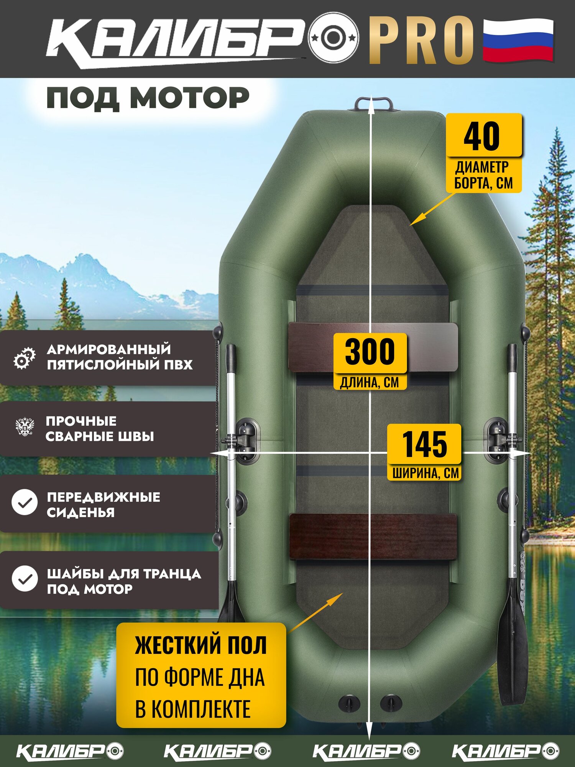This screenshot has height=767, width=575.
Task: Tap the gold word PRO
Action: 421,40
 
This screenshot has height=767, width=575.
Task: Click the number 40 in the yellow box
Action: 482,136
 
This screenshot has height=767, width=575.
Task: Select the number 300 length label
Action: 370,352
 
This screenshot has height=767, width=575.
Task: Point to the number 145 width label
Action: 424,444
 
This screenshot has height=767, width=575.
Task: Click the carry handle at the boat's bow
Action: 373,104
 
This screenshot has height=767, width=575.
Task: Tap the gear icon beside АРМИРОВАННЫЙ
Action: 25,358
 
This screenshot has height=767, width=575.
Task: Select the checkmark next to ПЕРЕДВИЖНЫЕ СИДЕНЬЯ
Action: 25,502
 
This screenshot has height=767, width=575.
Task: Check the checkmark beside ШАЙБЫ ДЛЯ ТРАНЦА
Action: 25,578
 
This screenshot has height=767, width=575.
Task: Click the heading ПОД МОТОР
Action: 148,98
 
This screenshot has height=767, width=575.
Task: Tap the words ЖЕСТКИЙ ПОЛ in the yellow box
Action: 200,645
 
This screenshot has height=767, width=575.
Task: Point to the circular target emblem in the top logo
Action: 333,38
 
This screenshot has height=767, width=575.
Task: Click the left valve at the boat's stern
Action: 349,702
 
